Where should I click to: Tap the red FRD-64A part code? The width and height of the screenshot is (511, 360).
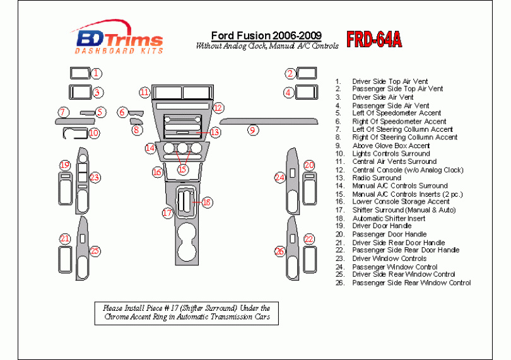374,40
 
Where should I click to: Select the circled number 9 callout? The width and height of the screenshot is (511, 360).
252,131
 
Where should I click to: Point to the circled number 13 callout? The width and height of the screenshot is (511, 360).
215,132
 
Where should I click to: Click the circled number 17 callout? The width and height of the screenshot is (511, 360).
167,213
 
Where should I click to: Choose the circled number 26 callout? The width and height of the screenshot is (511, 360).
279,251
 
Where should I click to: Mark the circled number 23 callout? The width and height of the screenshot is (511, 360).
95,177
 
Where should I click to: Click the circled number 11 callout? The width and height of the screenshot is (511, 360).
144,92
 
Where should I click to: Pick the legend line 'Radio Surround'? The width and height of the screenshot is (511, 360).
376,178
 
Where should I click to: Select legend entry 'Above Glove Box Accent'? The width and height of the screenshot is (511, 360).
391,146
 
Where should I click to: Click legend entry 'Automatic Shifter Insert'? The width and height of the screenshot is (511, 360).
388,218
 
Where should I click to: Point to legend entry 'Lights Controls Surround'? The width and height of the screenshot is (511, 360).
391,154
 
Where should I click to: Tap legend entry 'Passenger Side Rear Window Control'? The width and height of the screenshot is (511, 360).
411,283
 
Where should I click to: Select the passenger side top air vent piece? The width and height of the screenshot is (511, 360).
307,74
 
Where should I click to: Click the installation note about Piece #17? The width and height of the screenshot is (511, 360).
186,313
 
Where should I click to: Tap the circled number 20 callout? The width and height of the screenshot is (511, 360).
309,165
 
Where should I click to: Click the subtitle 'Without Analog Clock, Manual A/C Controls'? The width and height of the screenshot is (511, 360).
267,46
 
